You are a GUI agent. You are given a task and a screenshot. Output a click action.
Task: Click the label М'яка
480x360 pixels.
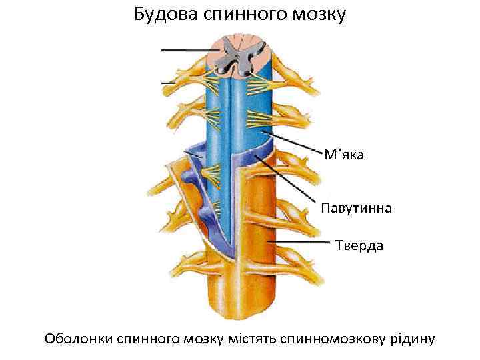coord(343,155)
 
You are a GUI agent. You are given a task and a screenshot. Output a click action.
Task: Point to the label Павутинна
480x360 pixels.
coord(356,208)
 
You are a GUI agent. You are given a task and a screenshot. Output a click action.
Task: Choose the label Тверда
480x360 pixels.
coord(359,246)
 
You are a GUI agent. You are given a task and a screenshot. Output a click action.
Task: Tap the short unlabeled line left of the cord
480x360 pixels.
coord(168,83)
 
